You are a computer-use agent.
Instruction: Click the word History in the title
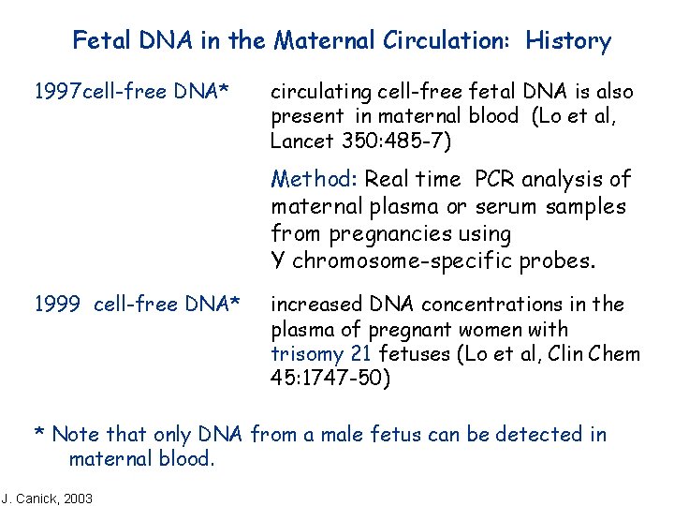click(568, 41)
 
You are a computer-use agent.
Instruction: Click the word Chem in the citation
click(616, 354)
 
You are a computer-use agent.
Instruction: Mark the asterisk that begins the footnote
click(39, 434)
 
